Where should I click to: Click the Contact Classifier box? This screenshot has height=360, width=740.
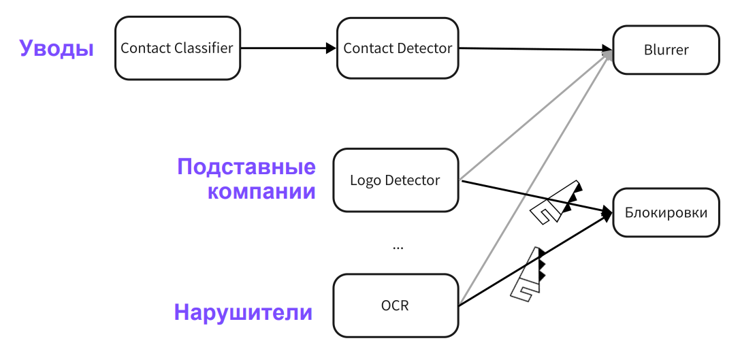click(177, 48)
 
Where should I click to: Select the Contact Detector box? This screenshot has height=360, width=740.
click(398, 48)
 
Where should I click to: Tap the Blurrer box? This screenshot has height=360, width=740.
click(666, 50)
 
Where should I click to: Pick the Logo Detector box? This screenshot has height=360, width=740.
click(395, 180)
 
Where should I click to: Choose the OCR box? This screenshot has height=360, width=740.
click(395, 305)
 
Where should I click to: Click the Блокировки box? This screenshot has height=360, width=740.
click(666, 213)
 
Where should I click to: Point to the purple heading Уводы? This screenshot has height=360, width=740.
click(57, 49)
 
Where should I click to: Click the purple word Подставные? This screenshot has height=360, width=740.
click(246, 167)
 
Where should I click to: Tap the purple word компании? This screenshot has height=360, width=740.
click(261, 191)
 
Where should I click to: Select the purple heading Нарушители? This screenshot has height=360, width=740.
click(243, 313)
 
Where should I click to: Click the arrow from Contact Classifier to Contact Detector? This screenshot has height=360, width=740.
click(286, 48)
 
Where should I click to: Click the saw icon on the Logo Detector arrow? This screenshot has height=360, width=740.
click(556, 202)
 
